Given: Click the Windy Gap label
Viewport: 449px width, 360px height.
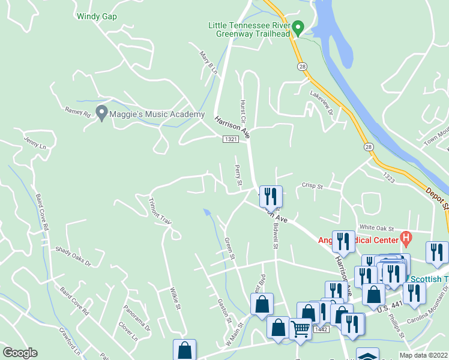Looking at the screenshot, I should coord(97,17).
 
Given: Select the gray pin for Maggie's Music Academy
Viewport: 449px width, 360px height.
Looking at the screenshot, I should coord(101,113).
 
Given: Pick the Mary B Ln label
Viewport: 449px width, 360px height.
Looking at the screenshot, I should coord(208,62).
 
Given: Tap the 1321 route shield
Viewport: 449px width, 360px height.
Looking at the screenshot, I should coord(231,139).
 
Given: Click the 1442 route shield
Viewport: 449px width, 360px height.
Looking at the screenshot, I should coord(321,329).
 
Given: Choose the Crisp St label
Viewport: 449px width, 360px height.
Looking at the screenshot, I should coord(312,187).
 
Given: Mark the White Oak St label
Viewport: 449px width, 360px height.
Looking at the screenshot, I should coord(376,228).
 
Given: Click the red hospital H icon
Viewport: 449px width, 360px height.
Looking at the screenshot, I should coord(406,239).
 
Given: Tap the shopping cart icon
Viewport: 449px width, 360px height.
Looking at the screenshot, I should coord(300,328).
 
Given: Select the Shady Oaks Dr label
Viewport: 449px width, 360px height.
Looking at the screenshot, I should coord(73,256).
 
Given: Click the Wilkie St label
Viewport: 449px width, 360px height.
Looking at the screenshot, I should coord(174,297).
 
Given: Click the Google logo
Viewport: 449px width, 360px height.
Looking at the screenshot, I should coord(20,353).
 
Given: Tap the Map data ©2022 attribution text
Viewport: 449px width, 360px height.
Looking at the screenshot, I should coord(423,355).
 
